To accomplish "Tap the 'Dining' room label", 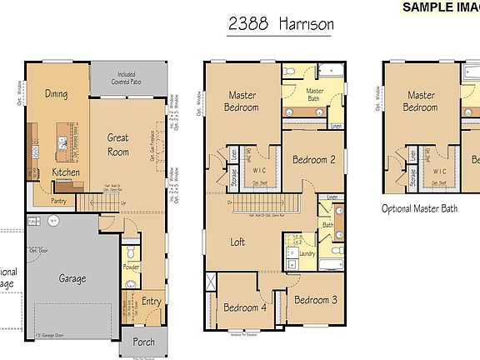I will click(x=57, y=94).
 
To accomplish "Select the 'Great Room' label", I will click(x=117, y=145).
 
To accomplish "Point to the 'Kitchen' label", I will click(x=66, y=172).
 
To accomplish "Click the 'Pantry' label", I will click(x=58, y=201).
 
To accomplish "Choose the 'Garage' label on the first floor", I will click(x=73, y=279).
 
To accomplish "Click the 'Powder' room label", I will click(x=130, y=267).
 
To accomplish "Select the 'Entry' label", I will click(x=152, y=302).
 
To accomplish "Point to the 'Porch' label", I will click(x=143, y=342).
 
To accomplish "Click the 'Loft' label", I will click(x=237, y=242).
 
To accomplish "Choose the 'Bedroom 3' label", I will click(x=314, y=300).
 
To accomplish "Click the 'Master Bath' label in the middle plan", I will click(x=314, y=96).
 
